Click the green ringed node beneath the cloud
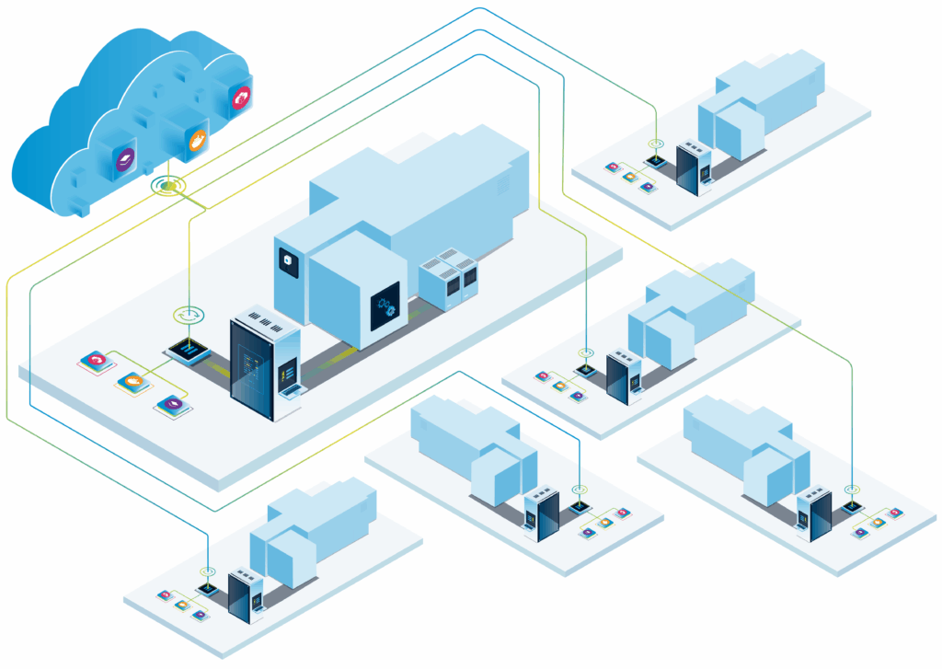point(167,187)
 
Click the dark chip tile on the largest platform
point(190,350)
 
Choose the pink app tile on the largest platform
point(95,360)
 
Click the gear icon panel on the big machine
point(386,307)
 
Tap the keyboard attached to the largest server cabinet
point(293,391)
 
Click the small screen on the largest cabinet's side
point(286,373)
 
